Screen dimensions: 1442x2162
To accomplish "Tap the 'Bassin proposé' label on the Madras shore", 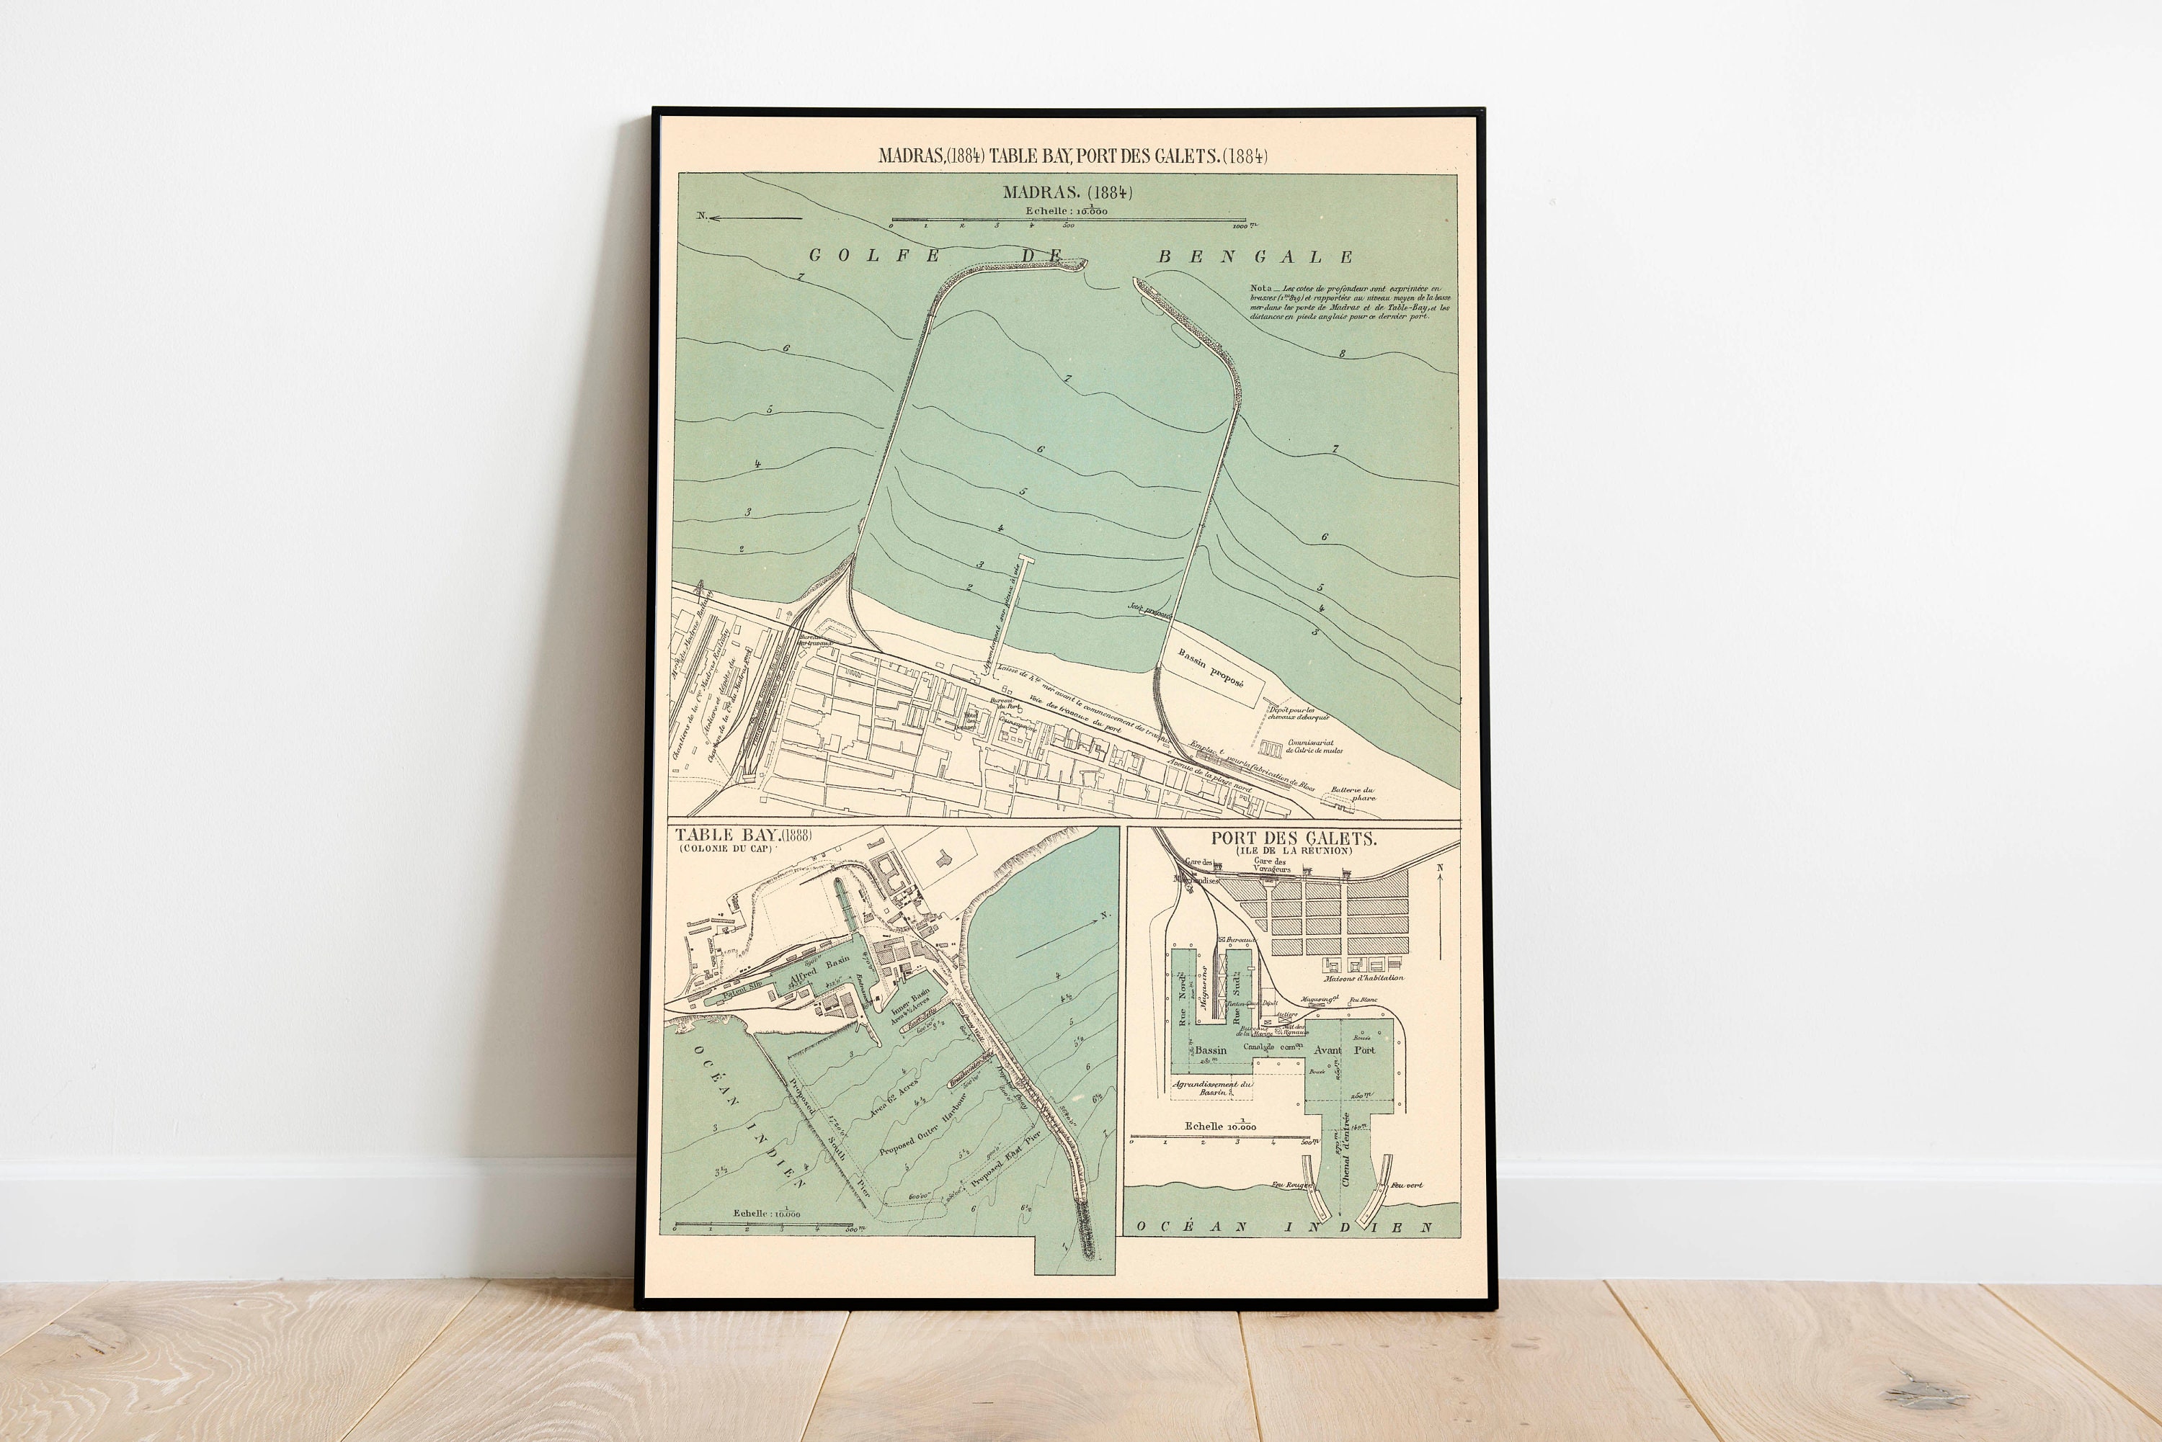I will tap(1211, 668).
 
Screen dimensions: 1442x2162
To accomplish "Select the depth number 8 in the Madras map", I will tap(1343, 353).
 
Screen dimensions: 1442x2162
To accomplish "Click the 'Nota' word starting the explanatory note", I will tap(1260, 288).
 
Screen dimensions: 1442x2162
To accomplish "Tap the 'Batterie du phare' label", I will tap(1353, 794).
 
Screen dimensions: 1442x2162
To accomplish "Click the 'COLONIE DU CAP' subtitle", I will tap(725, 848).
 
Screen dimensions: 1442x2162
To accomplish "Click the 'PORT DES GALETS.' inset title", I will tap(1293, 838).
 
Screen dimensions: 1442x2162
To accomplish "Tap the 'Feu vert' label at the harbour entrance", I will tap(1407, 1186).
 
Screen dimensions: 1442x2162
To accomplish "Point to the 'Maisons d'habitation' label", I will tap(1364, 977).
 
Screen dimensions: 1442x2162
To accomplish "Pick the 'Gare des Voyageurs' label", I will tap(1273, 864).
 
